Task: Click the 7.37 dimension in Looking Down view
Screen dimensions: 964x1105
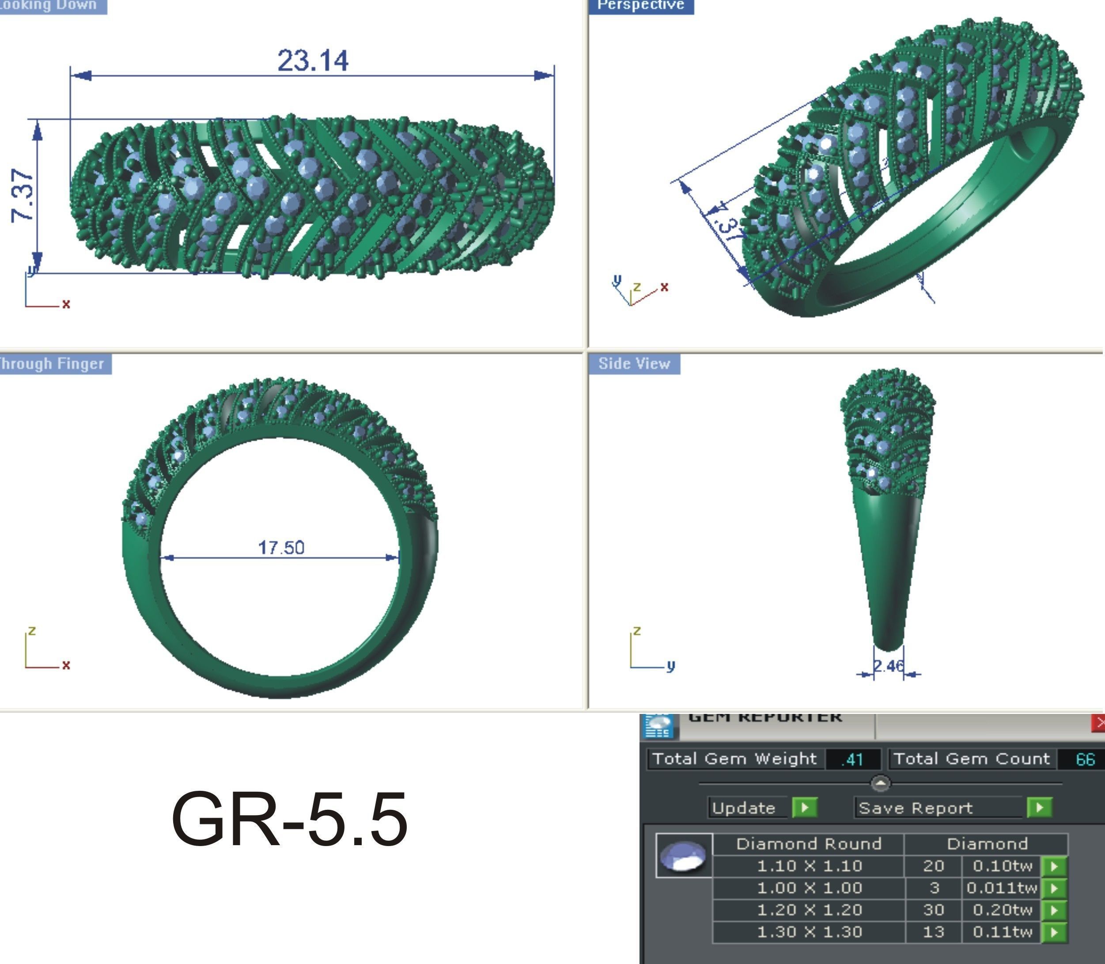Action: [x=23, y=195]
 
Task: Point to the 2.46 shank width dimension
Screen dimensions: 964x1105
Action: [x=888, y=666]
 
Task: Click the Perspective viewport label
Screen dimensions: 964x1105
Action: [x=640, y=5]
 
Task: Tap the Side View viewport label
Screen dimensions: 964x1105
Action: [x=634, y=364]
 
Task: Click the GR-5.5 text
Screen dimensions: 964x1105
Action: [x=289, y=819]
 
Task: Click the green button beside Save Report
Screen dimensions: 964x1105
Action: [x=1039, y=808]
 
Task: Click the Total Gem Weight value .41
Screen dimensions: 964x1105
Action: [x=852, y=759]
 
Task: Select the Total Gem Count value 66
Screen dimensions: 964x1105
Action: [x=1085, y=759]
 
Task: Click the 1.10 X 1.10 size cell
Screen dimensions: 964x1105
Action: [x=809, y=866]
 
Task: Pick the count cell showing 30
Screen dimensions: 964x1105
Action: [x=934, y=910]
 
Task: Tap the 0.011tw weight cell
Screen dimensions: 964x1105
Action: [x=1001, y=888]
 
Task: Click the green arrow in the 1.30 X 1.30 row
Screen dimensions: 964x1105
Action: [x=1054, y=932]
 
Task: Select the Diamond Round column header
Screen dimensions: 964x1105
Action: [x=808, y=843]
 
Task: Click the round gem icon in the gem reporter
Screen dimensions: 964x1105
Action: [x=683, y=855]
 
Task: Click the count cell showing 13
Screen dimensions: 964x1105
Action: [x=934, y=932]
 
